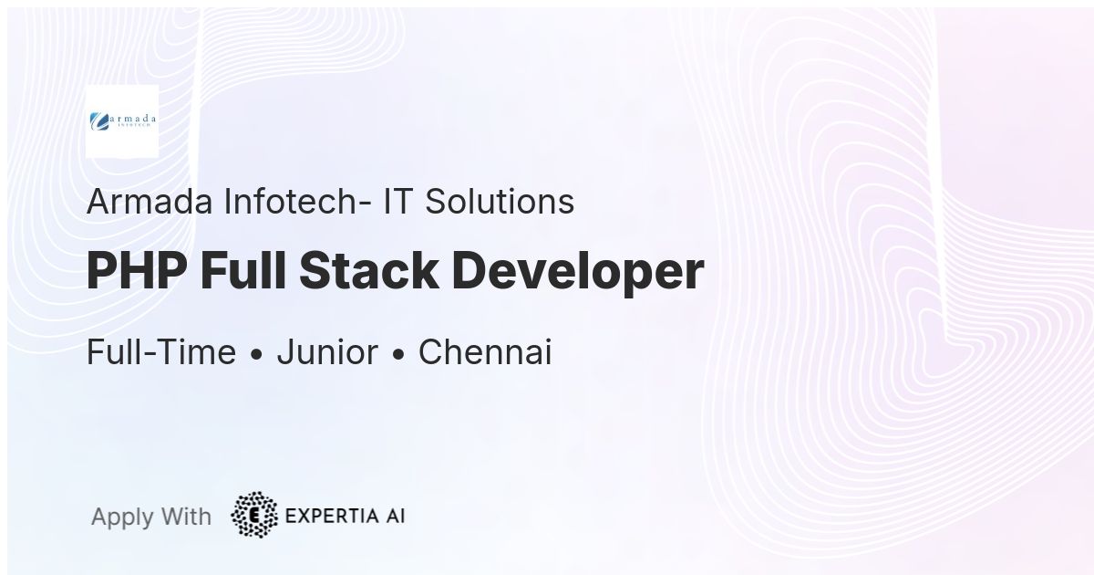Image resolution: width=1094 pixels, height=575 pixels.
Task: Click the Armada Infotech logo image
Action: pos(122,121)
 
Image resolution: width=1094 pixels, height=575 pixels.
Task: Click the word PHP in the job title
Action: pos(136,271)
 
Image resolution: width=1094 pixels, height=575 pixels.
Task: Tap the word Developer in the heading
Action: pos(578,271)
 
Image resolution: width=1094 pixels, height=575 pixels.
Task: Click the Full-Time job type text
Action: pos(161,352)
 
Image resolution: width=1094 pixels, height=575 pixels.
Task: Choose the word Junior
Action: pos(327,352)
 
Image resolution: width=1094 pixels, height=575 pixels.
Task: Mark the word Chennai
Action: pos(485,352)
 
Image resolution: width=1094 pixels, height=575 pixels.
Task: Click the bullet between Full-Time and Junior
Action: pos(256,354)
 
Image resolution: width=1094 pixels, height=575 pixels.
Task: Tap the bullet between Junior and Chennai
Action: pos(398,354)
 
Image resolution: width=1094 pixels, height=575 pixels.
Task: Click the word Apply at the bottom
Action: pos(122,517)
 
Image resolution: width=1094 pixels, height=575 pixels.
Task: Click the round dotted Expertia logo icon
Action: pos(254,516)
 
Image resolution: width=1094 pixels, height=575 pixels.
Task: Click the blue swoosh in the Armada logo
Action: pos(98,120)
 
